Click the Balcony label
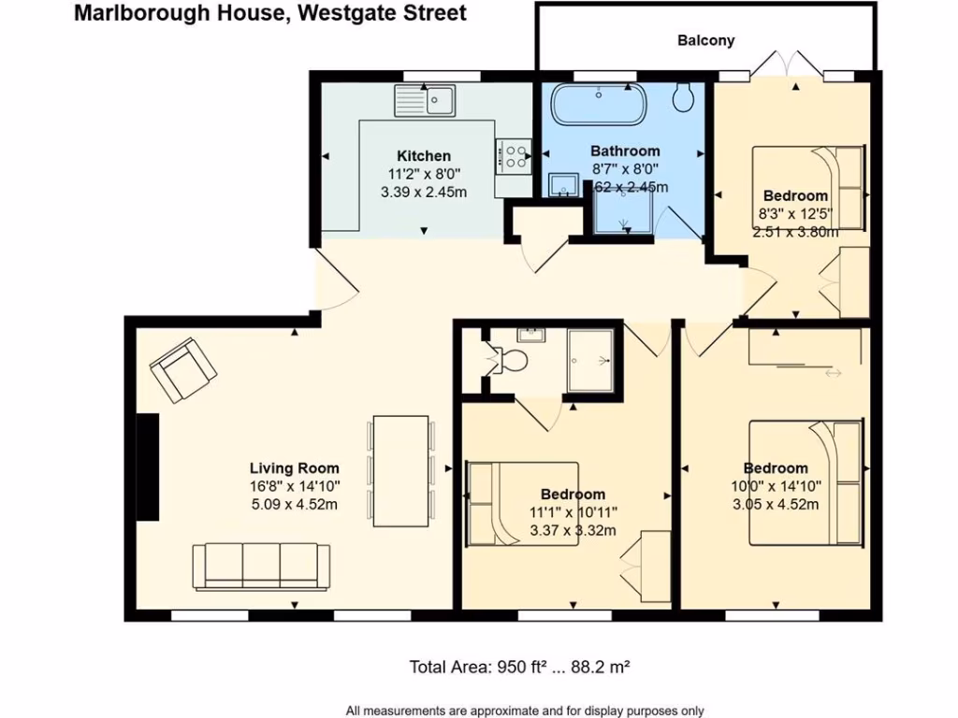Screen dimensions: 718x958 [x=705, y=40]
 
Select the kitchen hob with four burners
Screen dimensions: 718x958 [x=514, y=154]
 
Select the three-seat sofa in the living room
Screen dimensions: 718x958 [x=261, y=565]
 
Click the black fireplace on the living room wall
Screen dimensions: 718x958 [x=146, y=467]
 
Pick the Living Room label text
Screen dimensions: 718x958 [x=294, y=468]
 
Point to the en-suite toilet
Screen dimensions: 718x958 [x=510, y=359]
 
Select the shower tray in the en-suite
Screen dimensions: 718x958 [x=590, y=359]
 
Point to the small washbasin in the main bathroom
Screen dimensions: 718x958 [x=562, y=183]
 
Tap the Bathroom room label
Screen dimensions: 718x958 [x=625, y=151]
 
